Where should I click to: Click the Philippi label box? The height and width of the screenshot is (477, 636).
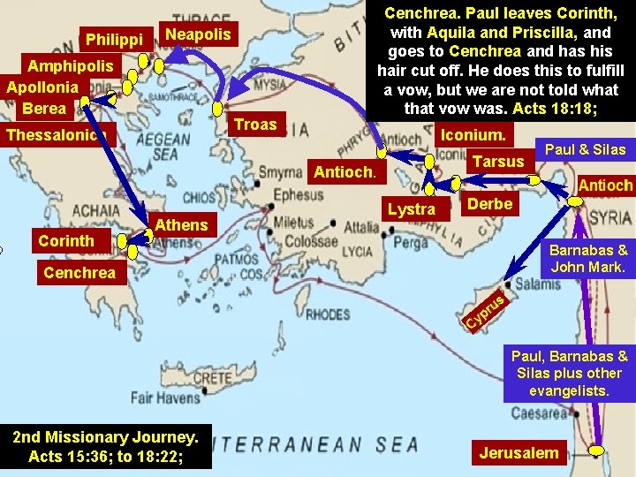[114, 40]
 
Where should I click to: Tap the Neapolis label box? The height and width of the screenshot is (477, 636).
[198, 34]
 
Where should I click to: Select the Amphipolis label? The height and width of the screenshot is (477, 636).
[71, 66]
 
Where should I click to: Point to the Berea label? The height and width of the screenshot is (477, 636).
[44, 108]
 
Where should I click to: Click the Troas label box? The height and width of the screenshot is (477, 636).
[255, 125]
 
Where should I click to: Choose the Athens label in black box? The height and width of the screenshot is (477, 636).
[181, 224]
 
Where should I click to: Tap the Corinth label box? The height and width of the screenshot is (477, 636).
[66, 240]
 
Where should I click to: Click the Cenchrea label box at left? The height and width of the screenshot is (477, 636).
[79, 273]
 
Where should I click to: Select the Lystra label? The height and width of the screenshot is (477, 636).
[412, 209]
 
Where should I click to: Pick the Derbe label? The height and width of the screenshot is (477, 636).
[488, 204]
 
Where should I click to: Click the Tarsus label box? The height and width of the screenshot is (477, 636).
[498, 162]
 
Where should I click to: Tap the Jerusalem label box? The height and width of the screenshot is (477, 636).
[519, 453]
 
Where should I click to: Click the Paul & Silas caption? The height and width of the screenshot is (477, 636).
[585, 149]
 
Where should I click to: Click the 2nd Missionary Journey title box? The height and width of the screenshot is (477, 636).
[106, 446]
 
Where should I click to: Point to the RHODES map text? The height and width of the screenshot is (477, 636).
[329, 314]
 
